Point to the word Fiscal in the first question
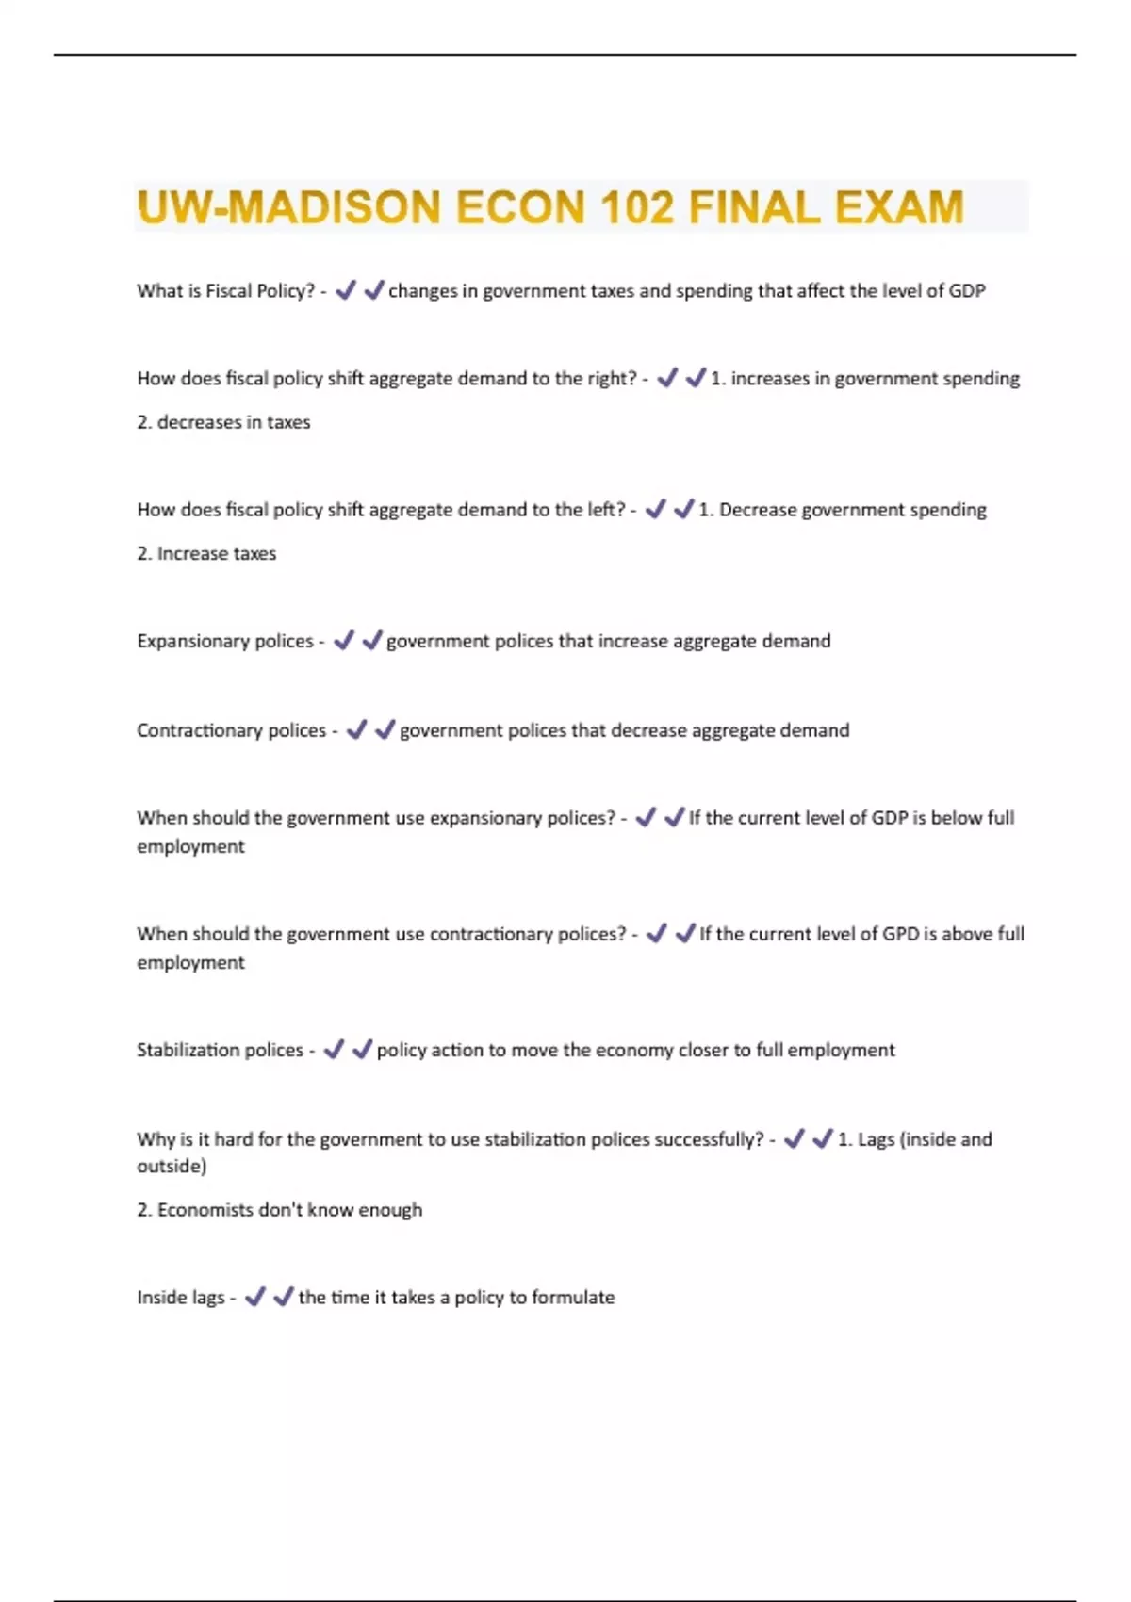pos(229,291)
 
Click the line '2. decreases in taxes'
pos(223,422)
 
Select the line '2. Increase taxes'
pos(206,553)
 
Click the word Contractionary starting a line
pos(199,730)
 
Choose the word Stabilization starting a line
pos(188,1050)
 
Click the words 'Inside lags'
pos(181,1298)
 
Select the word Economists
pos(205,1210)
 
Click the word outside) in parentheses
pos(172,1167)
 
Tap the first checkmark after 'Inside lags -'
pos(254,1298)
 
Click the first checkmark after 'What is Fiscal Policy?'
pos(346,290)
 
